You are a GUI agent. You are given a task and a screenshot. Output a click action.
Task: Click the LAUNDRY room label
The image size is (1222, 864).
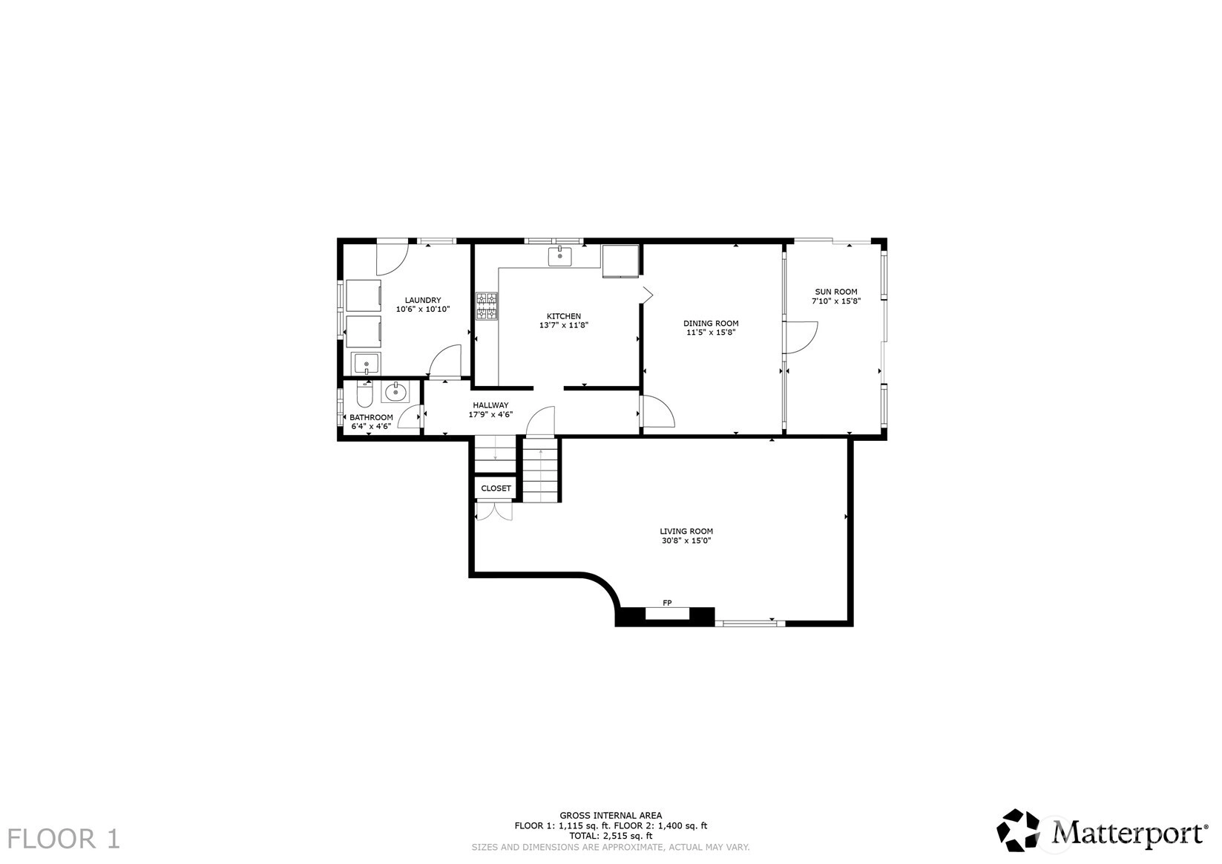coord(423,300)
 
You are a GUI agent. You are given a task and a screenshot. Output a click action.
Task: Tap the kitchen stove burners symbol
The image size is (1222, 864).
coord(487,307)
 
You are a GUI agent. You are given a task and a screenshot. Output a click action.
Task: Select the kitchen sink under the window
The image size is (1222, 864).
coord(559,256)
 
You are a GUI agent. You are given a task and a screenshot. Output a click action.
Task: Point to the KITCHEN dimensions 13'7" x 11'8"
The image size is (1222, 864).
coord(564,325)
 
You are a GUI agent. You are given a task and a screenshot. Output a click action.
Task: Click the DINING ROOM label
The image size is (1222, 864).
coord(711,323)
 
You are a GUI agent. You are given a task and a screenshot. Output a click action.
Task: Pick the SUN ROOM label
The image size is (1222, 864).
coord(835,292)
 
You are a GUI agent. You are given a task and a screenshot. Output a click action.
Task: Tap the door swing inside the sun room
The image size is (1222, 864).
coord(802,338)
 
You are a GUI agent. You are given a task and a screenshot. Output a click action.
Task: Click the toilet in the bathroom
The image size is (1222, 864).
coord(364,394)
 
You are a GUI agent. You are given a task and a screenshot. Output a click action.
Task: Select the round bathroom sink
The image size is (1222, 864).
coord(395,391)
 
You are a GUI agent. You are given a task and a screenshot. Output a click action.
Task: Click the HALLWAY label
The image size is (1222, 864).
coord(490,405)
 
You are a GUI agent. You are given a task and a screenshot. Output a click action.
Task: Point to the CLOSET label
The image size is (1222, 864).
coord(496,488)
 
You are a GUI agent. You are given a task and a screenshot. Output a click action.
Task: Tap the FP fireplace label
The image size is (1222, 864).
coord(666,603)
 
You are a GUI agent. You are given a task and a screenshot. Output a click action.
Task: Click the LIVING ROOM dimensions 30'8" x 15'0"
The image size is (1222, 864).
coord(686,541)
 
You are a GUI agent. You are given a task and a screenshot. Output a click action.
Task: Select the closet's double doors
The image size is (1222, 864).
coord(494,511)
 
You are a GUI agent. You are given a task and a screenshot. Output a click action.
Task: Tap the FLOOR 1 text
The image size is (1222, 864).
coord(63,839)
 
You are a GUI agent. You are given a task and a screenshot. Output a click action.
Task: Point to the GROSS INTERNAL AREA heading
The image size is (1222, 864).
coord(611,816)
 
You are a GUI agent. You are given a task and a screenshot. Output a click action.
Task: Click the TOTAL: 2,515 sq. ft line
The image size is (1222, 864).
coord(611,836)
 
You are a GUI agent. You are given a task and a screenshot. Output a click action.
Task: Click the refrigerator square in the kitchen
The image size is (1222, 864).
coord(620,261)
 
